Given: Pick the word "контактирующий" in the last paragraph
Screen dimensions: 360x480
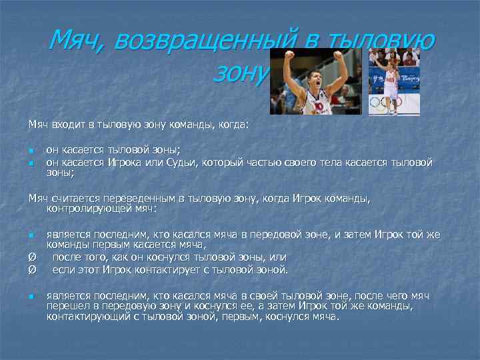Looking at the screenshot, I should [x=86, y=317].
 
